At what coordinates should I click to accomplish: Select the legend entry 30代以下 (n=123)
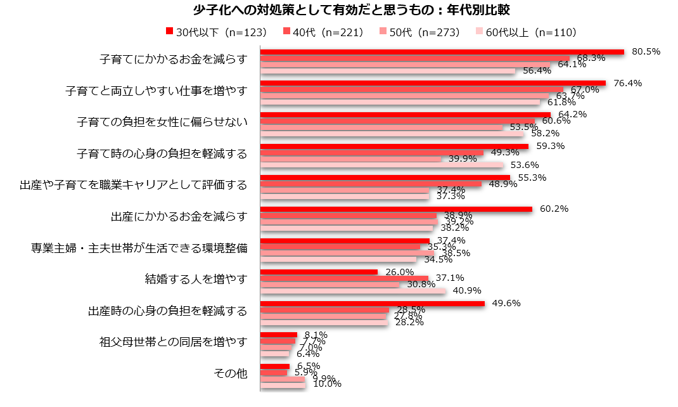pos(215,32)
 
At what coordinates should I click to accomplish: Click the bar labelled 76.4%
pos(433,83)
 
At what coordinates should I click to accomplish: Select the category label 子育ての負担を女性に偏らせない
pos(162,122)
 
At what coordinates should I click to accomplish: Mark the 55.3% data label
pos(532,178)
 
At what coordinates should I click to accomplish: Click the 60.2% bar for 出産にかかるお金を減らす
pos(396,209)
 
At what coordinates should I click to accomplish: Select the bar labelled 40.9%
pos(353,291)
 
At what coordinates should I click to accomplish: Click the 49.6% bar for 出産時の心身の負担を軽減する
pos(373,304)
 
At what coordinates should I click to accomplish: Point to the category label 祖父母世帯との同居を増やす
pos(173,342)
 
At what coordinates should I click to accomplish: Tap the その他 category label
pos(229,374)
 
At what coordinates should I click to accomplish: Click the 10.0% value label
pos(327,384)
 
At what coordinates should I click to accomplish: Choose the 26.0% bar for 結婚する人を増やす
pos(319,273)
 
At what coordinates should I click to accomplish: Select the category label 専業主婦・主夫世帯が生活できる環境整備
pos(139,248)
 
